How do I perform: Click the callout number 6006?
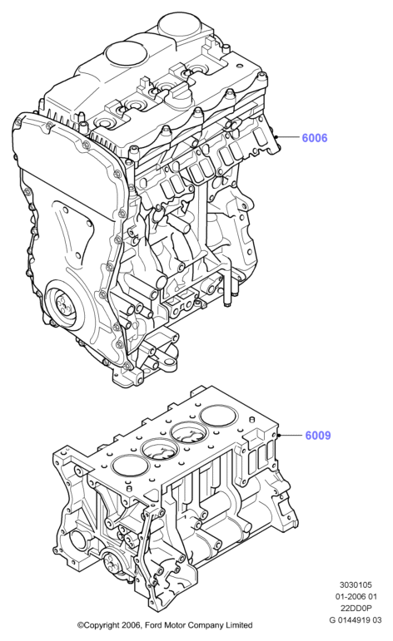315,138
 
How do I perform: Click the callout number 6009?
318,436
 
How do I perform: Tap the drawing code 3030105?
355,585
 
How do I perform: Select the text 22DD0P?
355,609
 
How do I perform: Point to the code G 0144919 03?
355,620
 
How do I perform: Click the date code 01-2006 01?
355,597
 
